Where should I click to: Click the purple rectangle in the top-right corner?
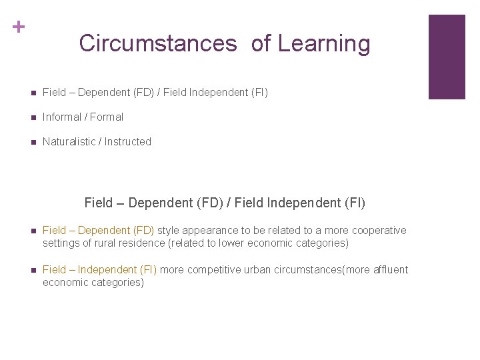click(x=446, y=57)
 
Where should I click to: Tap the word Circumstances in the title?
click(x=157, y=43)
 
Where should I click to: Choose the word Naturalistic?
click(x=69, y=142)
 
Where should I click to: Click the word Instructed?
click(x=128, y=142)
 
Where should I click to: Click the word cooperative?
click(x=378, y=231)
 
